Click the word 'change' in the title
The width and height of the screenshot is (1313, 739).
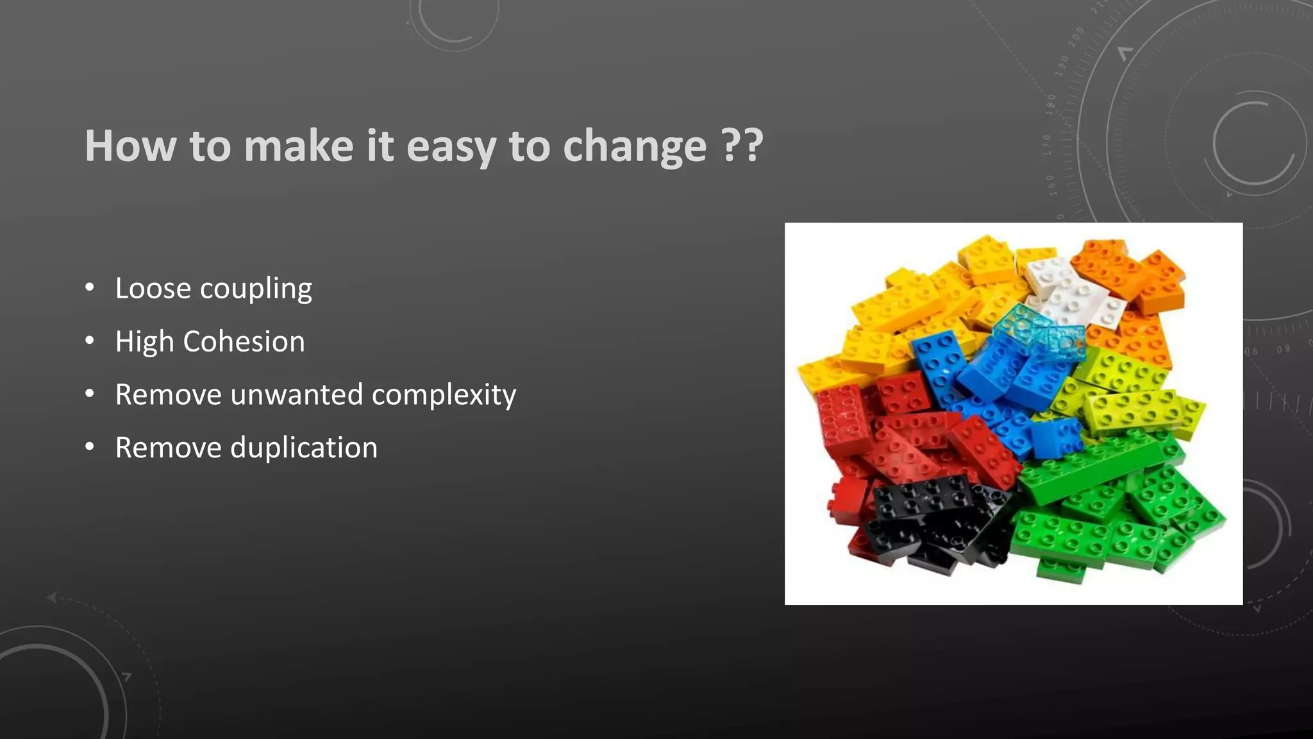635,146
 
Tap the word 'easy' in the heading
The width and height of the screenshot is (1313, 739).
451,146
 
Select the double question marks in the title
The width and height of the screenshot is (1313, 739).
742,145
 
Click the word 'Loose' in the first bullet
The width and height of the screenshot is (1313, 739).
153,288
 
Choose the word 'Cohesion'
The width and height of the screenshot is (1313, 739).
244,341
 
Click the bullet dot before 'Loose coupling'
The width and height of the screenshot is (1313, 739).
90,287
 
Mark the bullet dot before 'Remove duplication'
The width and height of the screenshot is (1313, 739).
90,446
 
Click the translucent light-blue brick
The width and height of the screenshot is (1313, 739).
1039,330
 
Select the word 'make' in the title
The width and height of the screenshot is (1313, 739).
299,146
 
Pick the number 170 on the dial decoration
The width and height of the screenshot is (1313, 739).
1047,146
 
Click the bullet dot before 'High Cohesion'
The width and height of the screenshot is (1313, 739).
90,341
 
